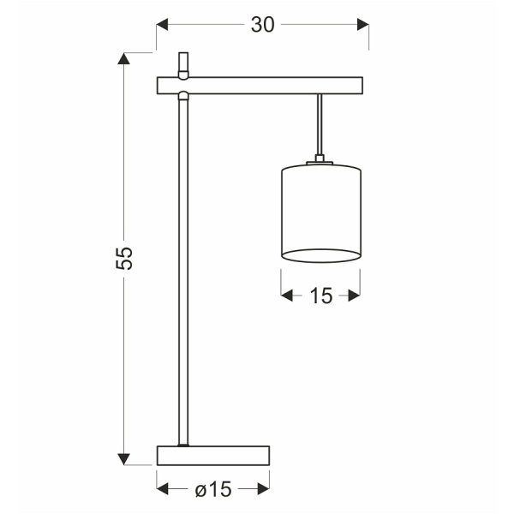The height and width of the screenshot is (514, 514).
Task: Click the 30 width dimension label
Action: (x=262, y=25)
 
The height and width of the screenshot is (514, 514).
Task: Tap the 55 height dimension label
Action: (x=125, y=258)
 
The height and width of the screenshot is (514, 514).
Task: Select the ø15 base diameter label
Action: (x=213, y=489)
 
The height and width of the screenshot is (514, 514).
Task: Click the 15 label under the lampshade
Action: (x=320, y=296)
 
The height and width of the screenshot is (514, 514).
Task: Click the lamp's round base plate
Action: (x=213, y=456)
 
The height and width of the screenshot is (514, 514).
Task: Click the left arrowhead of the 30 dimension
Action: (x=163, y=25)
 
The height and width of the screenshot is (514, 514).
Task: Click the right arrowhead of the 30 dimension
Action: (x=362, y=25)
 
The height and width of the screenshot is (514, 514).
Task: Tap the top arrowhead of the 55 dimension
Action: (x=125, y=59)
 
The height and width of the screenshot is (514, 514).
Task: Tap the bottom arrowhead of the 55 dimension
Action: (x=125, y=458)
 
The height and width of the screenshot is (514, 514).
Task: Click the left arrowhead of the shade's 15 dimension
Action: (x=288, y=296)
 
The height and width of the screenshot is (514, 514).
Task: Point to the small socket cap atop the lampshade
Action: (x=320, y=159)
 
